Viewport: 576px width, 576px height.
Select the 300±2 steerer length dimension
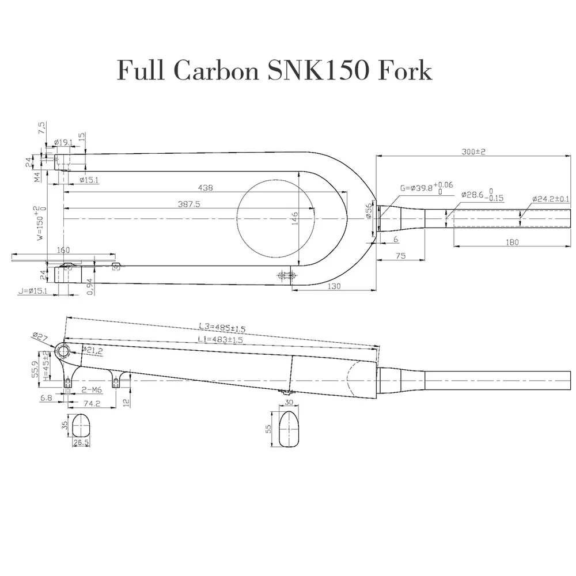click(x=474, y=151)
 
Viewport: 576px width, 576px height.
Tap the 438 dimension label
click(x=205, y=188)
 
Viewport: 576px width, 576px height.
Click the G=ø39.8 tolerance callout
click(x=426, y=188)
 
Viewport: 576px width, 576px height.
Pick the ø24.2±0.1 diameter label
click(x=550, y=199)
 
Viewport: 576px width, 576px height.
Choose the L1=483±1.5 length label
click(x=221, y=340)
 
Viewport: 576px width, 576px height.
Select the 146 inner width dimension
click(x=295, y=217)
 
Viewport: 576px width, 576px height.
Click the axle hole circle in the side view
click(x=63, y=350)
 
